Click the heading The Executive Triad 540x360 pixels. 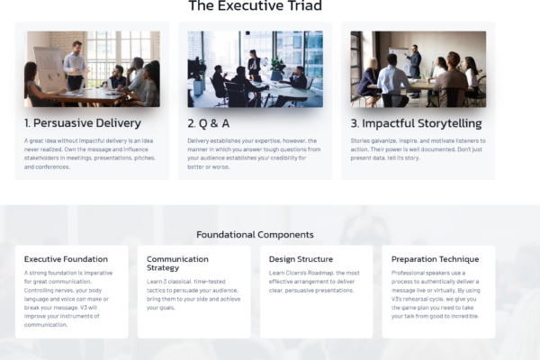256,5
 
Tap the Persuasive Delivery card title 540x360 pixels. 83,123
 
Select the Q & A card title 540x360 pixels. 209,123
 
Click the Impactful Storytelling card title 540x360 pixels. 416,123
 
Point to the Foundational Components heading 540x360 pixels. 255,235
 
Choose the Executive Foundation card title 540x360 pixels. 66,259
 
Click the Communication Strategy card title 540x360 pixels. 177,263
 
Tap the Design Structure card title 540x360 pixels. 301,259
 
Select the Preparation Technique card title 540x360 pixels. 435,259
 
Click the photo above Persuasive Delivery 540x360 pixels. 92,69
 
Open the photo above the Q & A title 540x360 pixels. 256,69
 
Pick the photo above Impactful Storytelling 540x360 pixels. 418,69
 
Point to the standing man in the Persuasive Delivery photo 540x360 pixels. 77,66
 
